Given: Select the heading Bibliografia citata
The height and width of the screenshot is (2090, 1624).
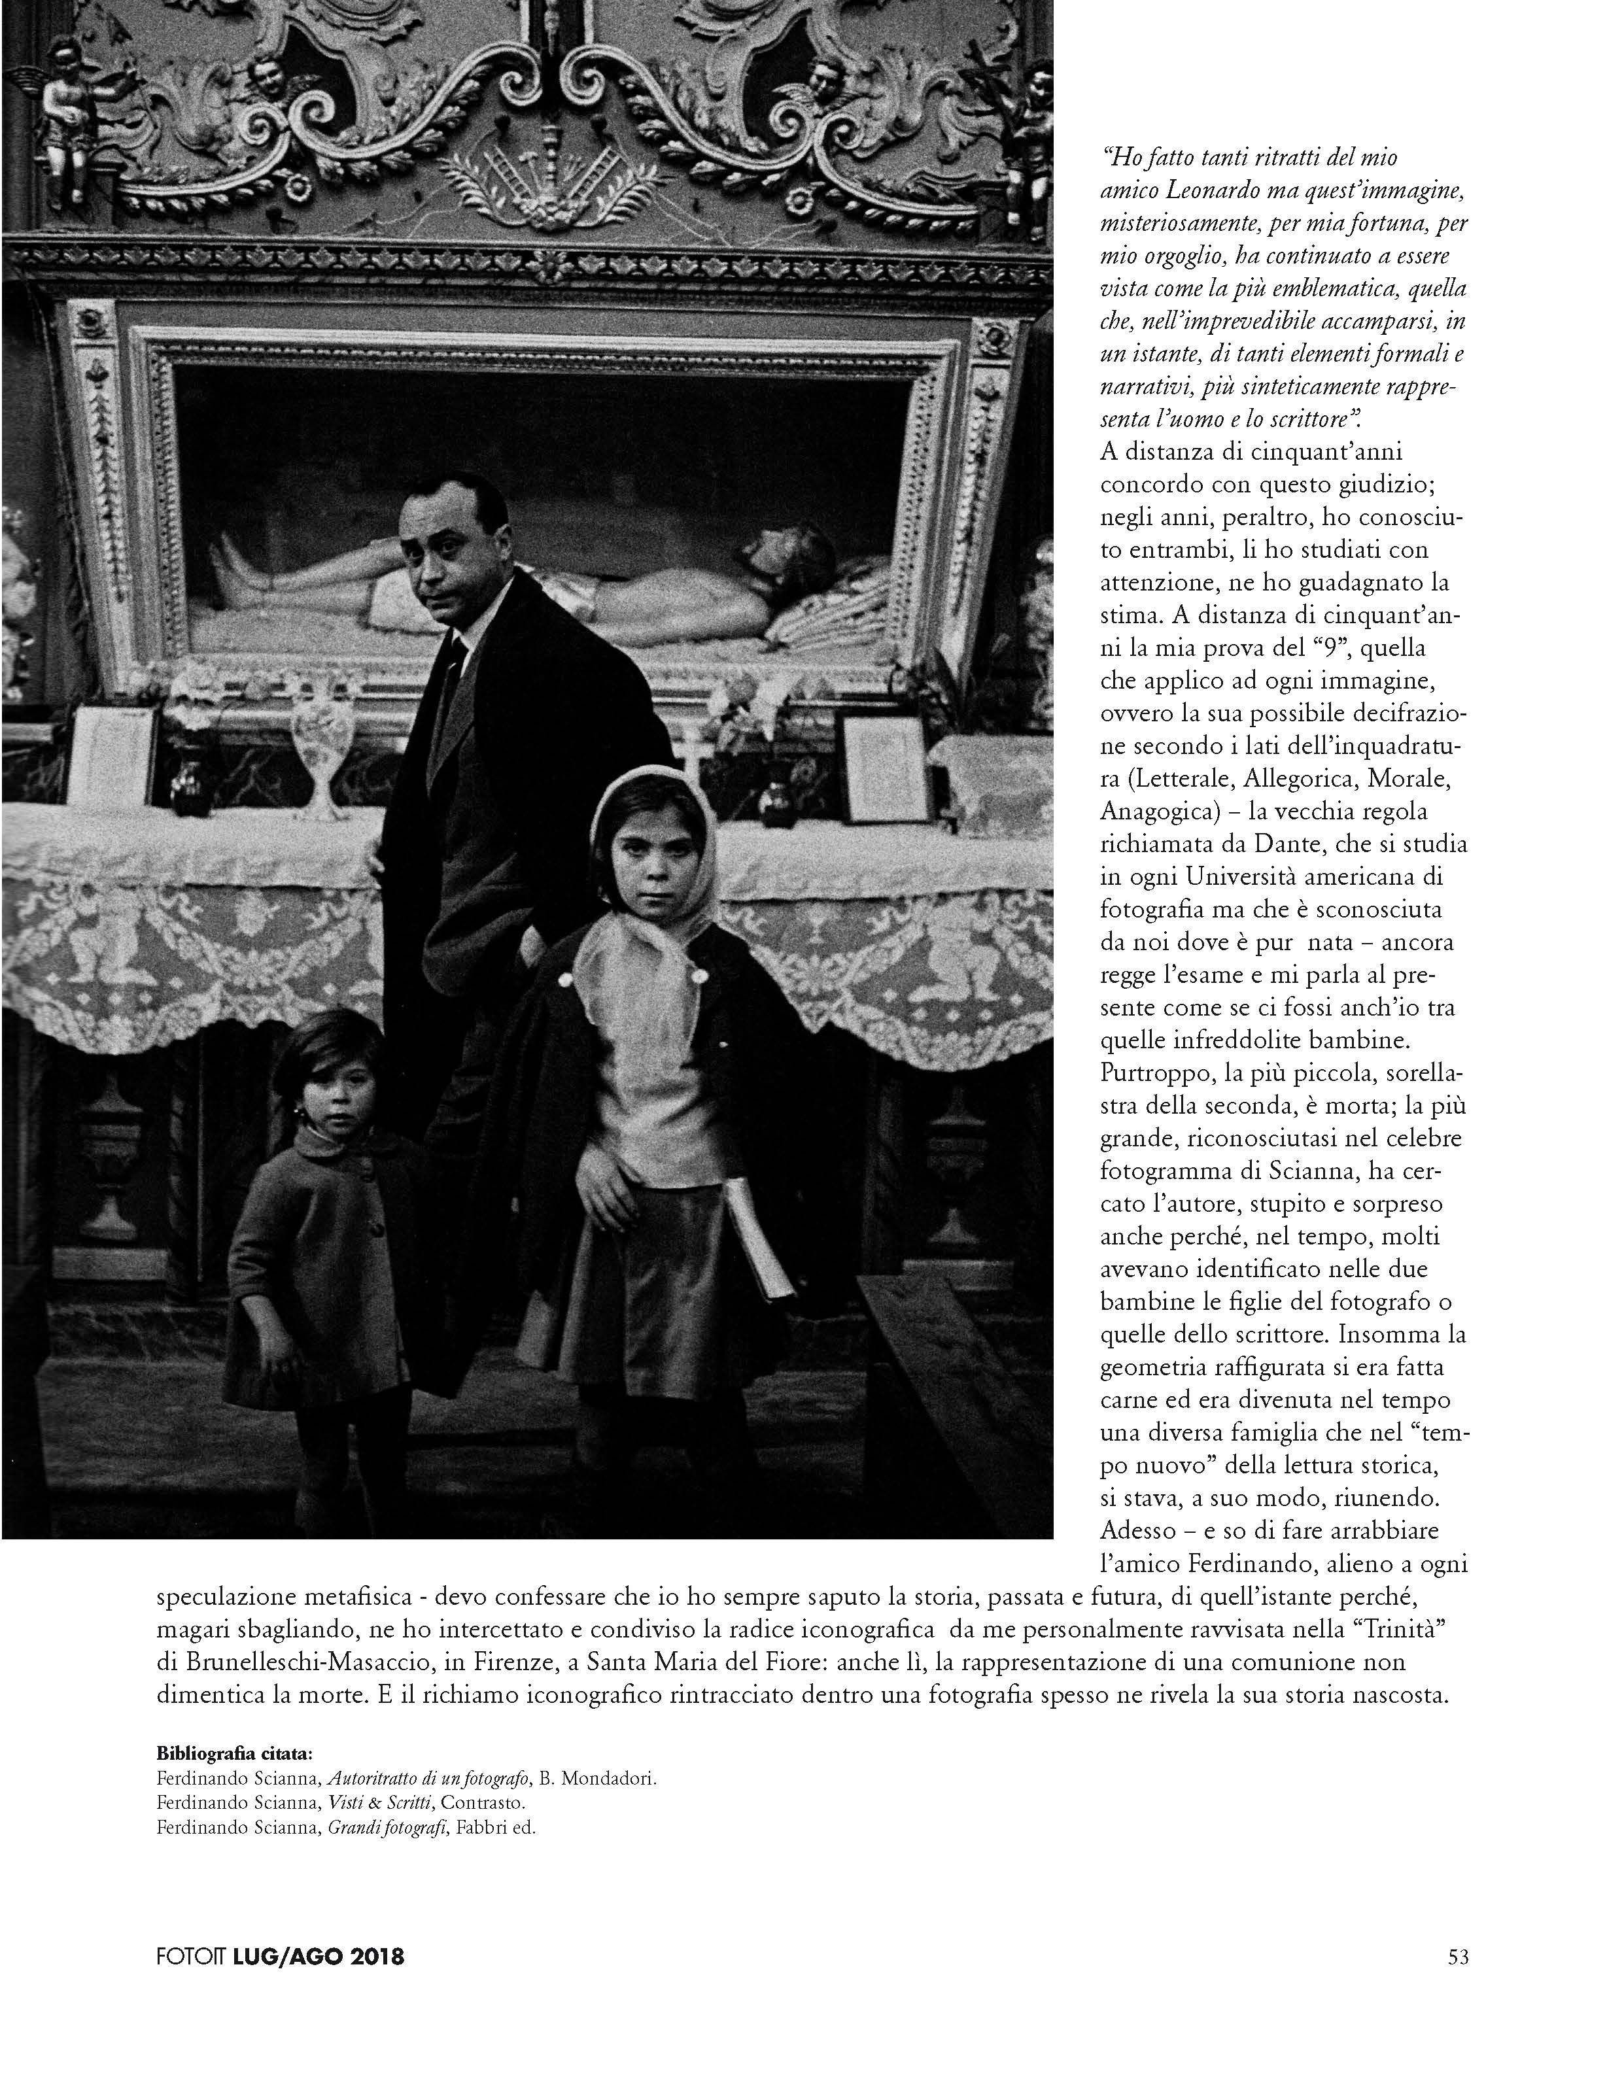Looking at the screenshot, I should (x=234, y=1754).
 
